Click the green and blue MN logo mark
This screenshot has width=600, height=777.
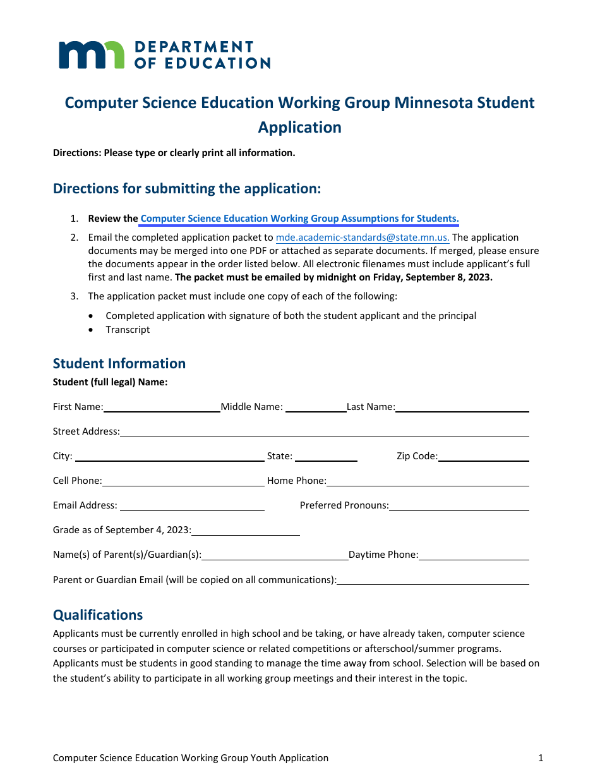tap(92, 55)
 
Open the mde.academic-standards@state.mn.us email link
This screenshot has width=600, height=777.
tap(363, 238)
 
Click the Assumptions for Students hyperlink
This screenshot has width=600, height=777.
tap(299, 219)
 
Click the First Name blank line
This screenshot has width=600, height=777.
tap(162, 407)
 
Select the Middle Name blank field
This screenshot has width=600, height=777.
tap(315, 407)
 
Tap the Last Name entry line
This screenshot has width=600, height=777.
tap(462, 407)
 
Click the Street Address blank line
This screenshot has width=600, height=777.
tap(324, 432)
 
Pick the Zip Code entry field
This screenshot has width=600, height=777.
tap(483, 457)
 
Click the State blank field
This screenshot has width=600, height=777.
tap(326, 457)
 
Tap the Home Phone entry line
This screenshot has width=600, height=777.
tap(428, 481)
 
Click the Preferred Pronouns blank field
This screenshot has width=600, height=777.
tap(459, 506)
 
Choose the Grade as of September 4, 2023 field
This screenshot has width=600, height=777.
tap(246, 531)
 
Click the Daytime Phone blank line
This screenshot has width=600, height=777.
tap(474, 555)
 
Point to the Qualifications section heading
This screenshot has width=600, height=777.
tap(98, 615)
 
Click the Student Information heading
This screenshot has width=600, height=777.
tap(119, 363)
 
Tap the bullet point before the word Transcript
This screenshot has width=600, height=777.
tap(93, 330)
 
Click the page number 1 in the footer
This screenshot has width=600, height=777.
tap(541, 758)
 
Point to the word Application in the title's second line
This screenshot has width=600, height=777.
tap(299, 127)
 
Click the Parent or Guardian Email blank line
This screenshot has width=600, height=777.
tap(433, 580)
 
